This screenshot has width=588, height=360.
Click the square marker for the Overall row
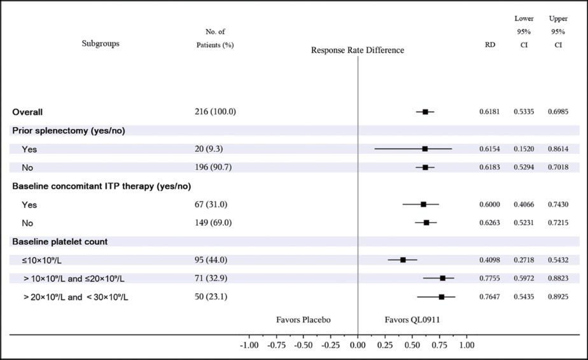click(425, 111)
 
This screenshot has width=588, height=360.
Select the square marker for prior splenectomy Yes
click(425, 149)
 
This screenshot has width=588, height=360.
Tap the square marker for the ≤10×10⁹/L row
click(403, 260)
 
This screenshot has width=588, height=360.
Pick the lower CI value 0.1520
click(524, 149)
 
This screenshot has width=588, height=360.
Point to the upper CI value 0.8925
click(558, 297)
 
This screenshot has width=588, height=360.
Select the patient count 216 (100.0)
click(215, 111)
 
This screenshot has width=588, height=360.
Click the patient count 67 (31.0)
click(211, 204)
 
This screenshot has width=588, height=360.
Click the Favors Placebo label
click(303, 319)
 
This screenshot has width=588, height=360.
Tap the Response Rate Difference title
click(357, 50)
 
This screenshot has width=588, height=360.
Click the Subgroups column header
click(101, 44)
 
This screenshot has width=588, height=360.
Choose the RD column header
click(490, 45)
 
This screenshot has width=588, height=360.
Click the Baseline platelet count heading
click(60, 242)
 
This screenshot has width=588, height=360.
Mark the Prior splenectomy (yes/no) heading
click(69, 130)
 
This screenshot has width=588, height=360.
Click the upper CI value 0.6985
click(558, 111)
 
